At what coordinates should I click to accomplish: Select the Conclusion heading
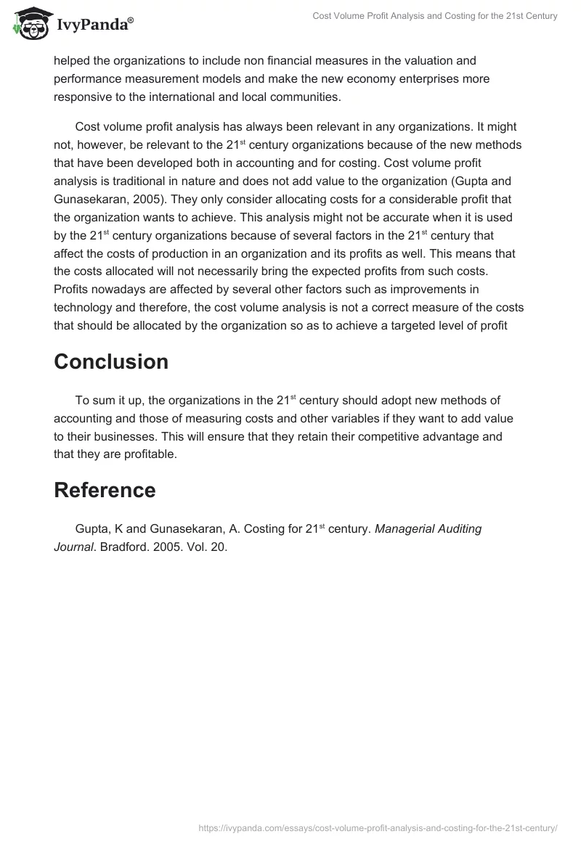[x=111, y=361]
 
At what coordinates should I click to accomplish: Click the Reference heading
[x=105, y=490]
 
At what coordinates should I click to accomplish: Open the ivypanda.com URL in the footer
[x=378, y=827]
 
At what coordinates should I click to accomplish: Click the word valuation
[x=418, y=60]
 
